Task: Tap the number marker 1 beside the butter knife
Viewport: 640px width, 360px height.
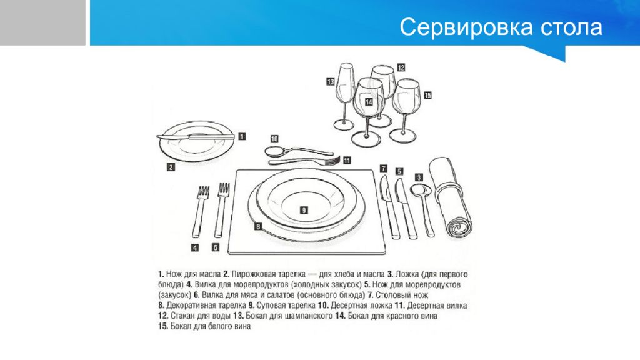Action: [242, 135]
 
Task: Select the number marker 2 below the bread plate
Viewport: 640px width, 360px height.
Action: [170, 167]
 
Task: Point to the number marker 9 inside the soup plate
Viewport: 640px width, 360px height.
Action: [303, 211]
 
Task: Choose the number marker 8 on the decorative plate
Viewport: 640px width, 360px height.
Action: [257, 227]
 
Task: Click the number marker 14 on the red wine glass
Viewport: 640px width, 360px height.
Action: [369, 102]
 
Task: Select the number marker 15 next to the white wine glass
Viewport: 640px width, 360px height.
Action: [427, 96]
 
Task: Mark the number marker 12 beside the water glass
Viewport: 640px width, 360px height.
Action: [401, 67]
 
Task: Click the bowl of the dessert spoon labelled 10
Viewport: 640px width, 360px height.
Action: [274, 151]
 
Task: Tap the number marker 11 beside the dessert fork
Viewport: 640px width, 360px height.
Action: [347, 161]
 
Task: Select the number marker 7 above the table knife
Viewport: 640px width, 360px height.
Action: [384, 168]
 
